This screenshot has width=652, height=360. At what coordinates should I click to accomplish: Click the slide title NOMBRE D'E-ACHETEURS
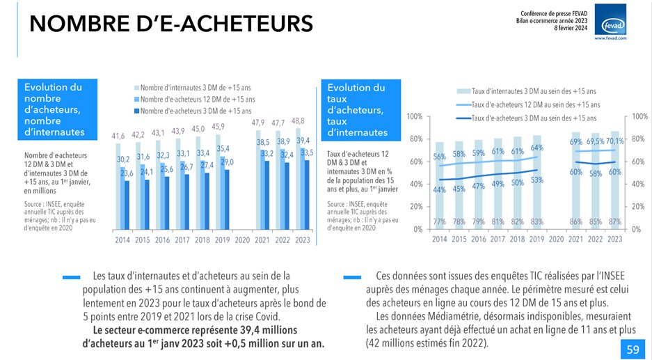pyautogui.click(x=170, y=24)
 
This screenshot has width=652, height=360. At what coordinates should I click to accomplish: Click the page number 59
pyautogui.click(x=632, y=350)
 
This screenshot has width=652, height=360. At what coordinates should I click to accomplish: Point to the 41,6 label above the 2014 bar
pyautogui.click(x=118, y=135)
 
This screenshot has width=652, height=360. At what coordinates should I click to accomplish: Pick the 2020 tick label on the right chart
pyautogui.click(x=556, y=239)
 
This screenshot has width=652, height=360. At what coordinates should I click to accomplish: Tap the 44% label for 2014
pyautogui.click(x=439, y=190)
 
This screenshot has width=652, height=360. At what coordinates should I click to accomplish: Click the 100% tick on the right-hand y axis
pyautogui.click(x=640, y=116)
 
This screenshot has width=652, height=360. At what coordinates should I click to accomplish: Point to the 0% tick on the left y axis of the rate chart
pyautogui.click(x=417, y=229)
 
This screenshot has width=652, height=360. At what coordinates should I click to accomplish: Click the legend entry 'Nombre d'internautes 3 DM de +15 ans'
pyautogui.click(x=197, y=88)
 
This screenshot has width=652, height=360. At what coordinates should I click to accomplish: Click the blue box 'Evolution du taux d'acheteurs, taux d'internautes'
pyautogui.click(x=362, y=109)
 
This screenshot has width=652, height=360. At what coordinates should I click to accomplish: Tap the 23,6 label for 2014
pyautogui.click(x=127, y=174)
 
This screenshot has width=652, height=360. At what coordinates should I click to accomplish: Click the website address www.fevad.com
pyautogui.click(x=610, y=38)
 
